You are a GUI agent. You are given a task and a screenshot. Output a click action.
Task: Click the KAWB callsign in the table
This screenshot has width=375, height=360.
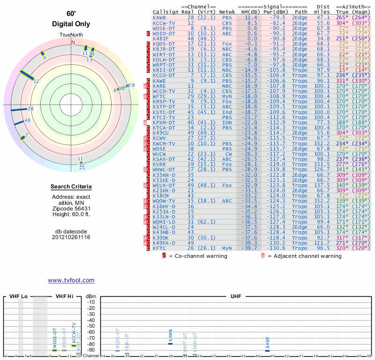click(159, 17)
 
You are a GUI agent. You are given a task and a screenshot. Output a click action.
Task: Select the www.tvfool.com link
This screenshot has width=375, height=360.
click(71, 280)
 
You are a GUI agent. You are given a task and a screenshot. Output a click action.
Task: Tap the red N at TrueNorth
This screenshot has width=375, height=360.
click(73, 42)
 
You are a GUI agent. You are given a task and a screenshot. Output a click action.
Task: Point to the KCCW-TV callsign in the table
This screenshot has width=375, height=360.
click(164, 22)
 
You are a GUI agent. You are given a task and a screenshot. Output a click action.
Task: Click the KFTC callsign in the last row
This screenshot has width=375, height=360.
click(159, 248)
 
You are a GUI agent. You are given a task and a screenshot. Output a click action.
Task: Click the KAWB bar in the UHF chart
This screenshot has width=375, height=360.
click(171, 344)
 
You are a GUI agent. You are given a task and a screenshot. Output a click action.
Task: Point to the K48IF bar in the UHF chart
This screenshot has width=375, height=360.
click(267, 350)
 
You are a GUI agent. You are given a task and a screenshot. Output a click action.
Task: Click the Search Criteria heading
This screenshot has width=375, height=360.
click(71, 187)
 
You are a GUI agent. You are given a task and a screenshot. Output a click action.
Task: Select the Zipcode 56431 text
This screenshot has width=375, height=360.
click(71, 208)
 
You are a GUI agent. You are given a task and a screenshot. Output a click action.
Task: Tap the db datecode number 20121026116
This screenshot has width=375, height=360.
click(71, 237)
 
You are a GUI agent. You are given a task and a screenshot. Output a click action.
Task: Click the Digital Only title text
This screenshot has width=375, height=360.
click(71, 24)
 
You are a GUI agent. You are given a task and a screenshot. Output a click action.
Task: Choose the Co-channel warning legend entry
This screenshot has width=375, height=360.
click(198, 256)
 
